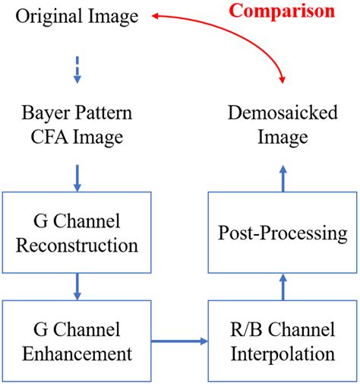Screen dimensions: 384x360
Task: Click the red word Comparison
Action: tap(282, 11)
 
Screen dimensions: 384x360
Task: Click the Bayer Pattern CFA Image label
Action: tap(76, 126)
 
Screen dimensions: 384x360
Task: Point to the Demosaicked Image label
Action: tap(282, 126)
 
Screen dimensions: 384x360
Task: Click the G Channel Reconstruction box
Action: tap(76, 234)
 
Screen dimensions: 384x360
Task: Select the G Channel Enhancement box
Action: tap(76, 342)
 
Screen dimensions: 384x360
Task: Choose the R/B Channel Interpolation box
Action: tap(282, 342)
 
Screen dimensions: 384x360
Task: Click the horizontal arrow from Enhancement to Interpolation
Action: tap(180, 342)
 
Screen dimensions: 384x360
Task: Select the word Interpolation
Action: tap(282, 354)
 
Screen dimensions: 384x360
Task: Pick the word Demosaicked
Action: tap(282, 115)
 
